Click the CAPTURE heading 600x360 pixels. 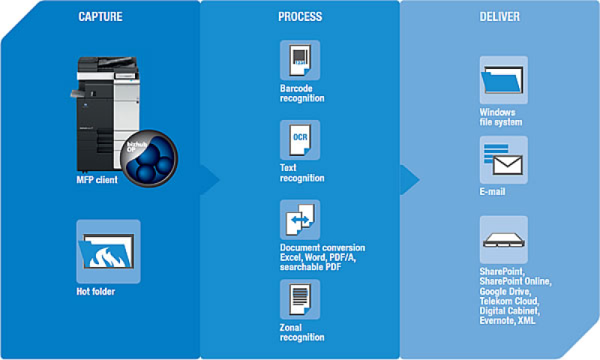coord(101,16)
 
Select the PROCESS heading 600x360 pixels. coord(300,16)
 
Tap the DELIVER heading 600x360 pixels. coord(500,16)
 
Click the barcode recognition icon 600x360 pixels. coord(300,60)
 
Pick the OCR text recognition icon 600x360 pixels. coord(300,139)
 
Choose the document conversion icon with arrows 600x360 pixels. coord(300,219)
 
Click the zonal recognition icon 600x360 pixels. coord(300,299)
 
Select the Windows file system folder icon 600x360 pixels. coord(503,80)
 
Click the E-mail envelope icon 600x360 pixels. coord(503,160)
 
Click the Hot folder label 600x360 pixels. coord(96,291)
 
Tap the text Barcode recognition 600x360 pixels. coord(301,93)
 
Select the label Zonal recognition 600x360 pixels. coord(301,332)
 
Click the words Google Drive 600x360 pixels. coord(505,291)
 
